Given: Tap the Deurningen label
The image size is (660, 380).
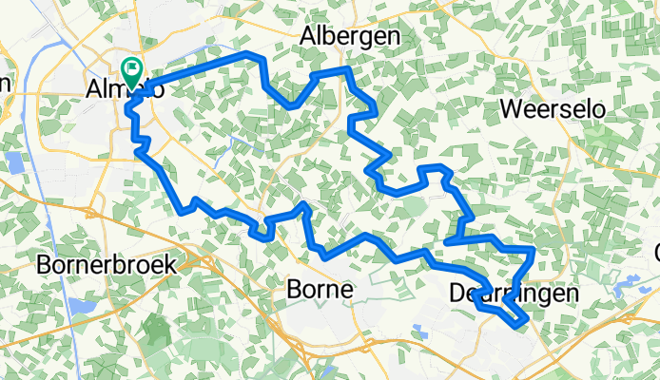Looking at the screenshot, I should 512,295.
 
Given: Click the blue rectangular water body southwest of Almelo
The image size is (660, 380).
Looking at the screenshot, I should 13,162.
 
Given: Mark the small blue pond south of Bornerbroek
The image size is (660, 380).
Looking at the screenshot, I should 75,306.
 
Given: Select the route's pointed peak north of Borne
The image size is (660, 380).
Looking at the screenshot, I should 302,204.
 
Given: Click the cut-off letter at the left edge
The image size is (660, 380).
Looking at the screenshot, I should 4,84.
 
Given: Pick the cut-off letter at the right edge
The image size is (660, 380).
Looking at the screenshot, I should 656,253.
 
